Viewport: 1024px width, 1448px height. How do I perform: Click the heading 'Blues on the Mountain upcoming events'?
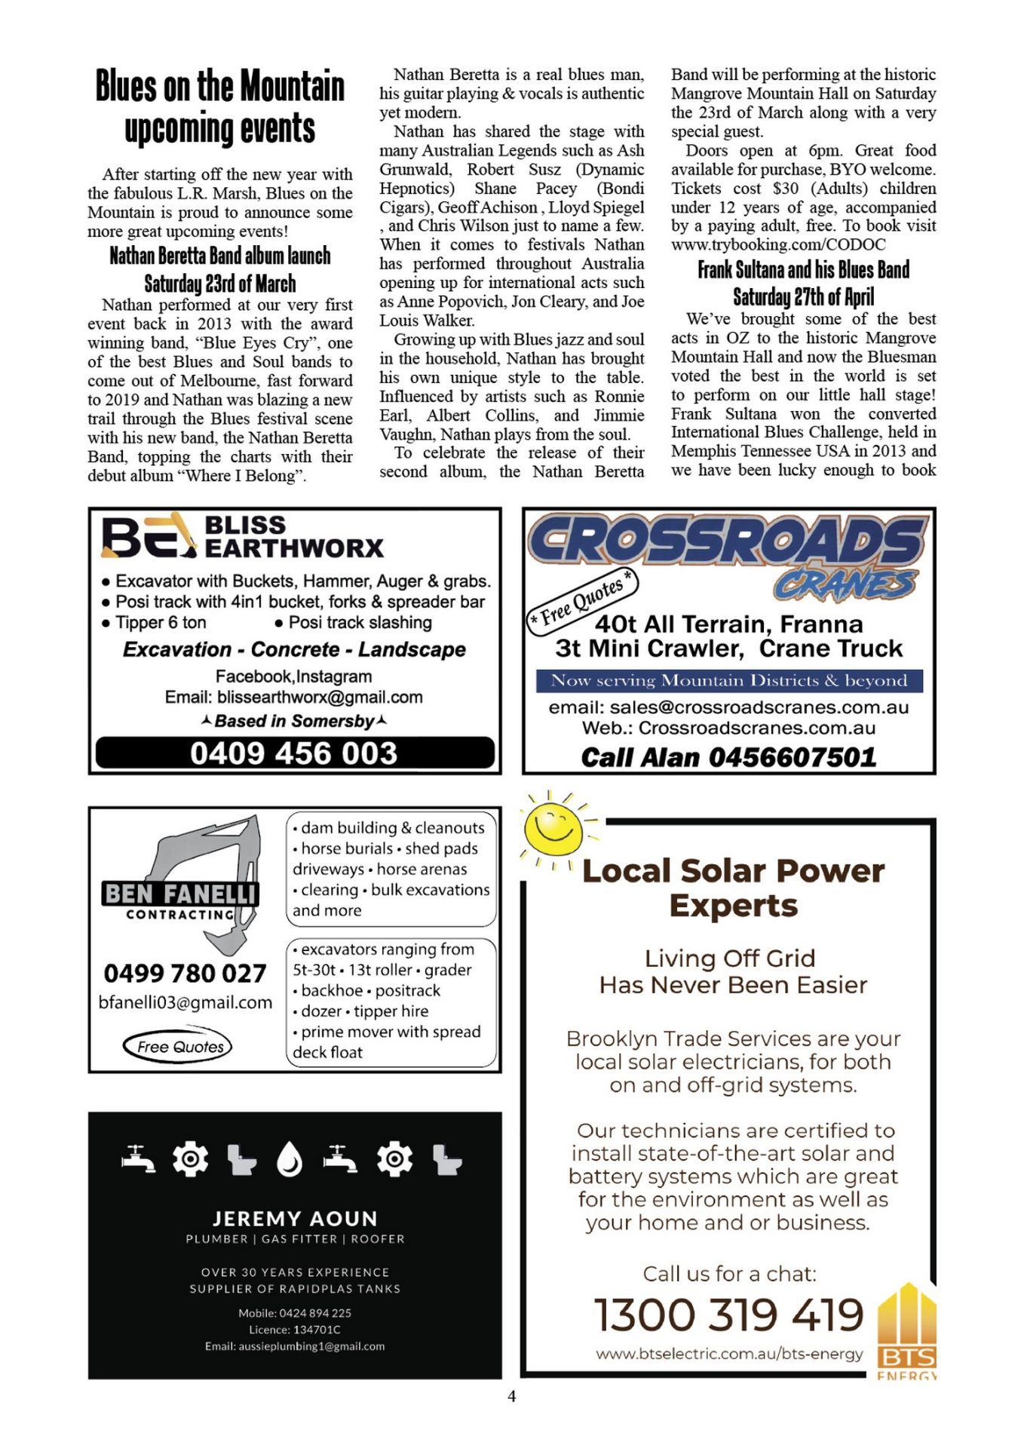(x=219, y=106)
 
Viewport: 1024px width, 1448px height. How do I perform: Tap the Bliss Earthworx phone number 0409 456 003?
(x=294, y=753)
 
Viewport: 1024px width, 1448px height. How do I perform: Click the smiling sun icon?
(x=554, y=827)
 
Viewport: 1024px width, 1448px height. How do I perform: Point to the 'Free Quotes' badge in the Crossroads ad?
(x=581, y=600)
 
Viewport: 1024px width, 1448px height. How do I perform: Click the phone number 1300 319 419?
(x=728, y=1315)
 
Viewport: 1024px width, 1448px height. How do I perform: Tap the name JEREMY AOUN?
(x=295, y=1219)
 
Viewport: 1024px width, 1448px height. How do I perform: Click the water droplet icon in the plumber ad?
(x=290, y=1159)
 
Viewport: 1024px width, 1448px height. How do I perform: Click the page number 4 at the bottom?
(x=512, y=1396)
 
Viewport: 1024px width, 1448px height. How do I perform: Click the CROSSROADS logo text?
(x=727, y=541)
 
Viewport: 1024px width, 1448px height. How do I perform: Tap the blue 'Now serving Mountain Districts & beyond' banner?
(x=729, y=680)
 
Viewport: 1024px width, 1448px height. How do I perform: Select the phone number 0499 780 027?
(x=185, y=973)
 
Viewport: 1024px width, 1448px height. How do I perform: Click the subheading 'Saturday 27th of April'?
(x=803, y=296)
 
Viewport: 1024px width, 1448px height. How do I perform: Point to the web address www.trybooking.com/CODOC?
(x=778, y=244)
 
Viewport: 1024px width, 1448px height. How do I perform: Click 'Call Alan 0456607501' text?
(x=728, y=757)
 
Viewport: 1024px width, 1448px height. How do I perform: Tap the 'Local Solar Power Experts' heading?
(x=733, y=888)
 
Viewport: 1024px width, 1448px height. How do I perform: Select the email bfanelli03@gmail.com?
(x=185, y=1002)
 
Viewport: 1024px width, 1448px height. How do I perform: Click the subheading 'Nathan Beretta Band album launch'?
(x=219, y=256)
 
